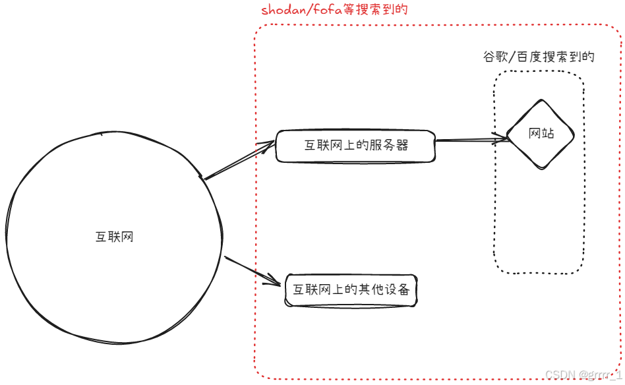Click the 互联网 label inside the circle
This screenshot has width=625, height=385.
[115, 237]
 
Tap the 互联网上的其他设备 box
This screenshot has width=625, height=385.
[351, 290]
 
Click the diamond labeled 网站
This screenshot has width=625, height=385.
[541, 134]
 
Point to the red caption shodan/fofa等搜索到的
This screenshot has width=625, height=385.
[334, 10]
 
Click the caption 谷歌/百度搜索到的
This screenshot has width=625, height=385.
[539, 57]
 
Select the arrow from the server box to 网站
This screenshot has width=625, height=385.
[471, 140]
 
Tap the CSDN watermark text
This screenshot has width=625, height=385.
[583, 374]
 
